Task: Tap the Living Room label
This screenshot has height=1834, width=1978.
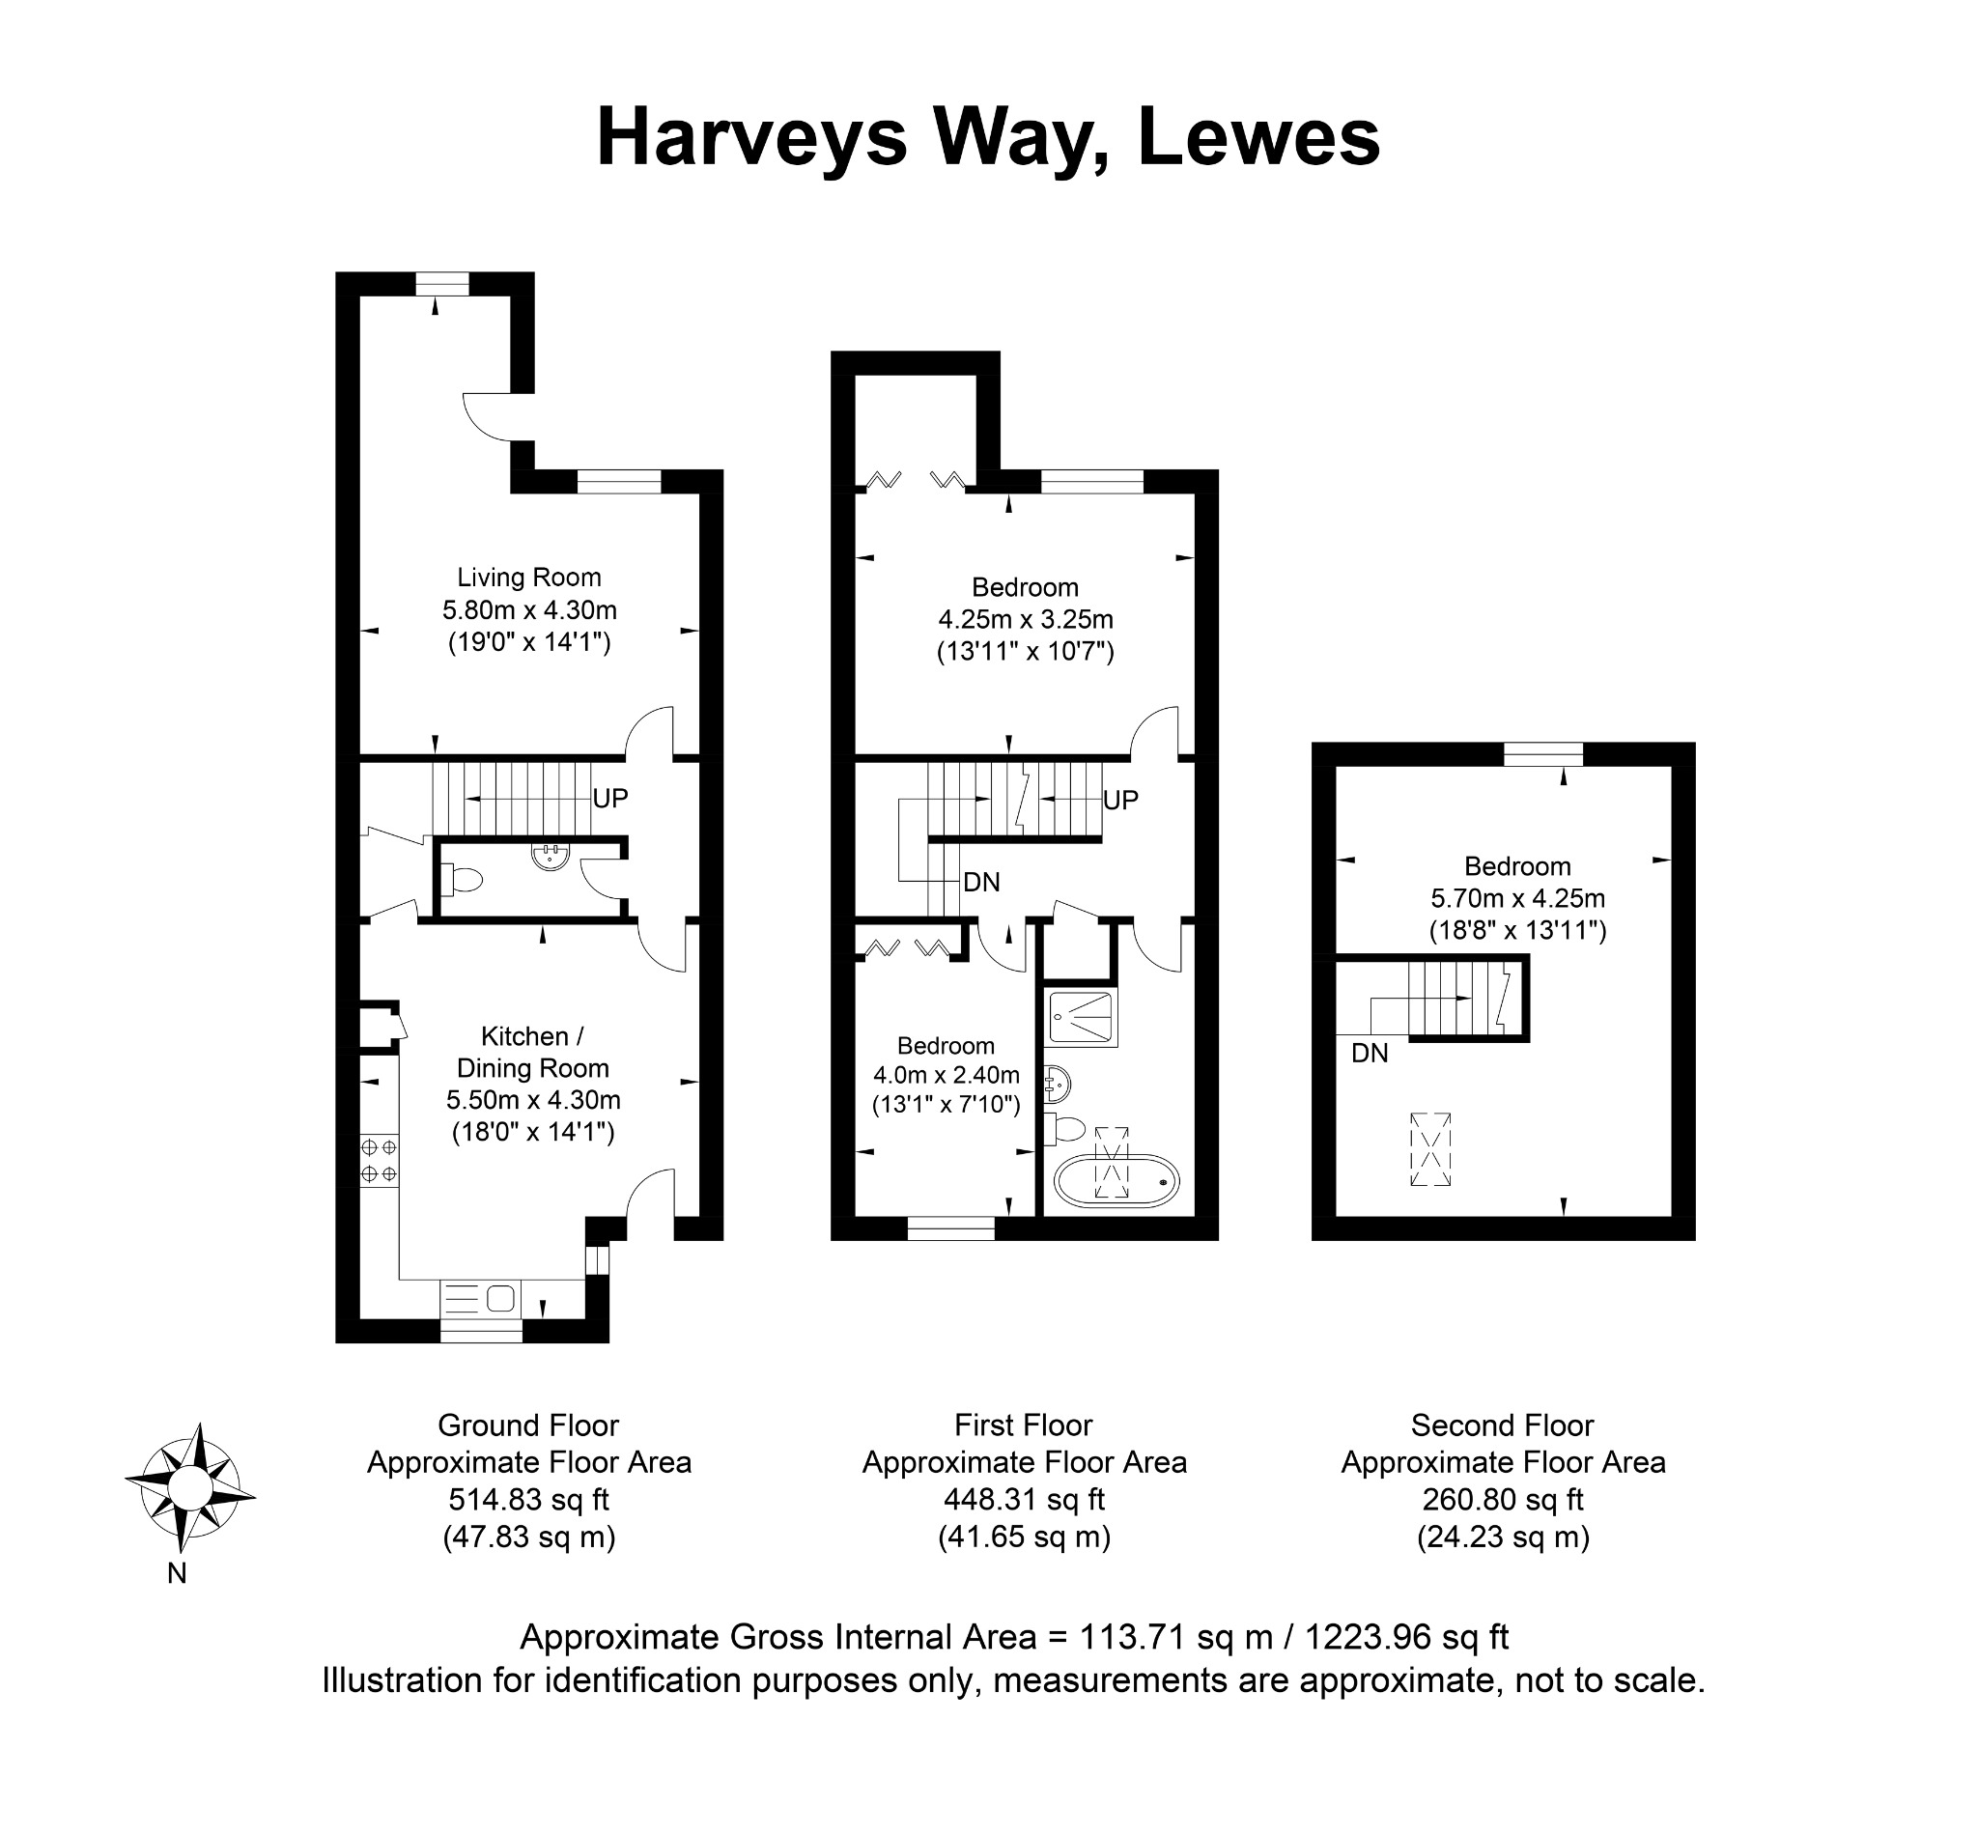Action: (x=529, y=578)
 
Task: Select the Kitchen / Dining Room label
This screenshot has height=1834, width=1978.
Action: (x=532, y=1052)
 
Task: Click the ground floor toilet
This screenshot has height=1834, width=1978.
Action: (x=462, y=878)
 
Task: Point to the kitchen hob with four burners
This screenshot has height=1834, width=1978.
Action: (x=379, y=1161)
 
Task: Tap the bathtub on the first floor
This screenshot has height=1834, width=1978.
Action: (x=1116, y=1181)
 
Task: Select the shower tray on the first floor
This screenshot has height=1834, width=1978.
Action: (x=1082, y=1017)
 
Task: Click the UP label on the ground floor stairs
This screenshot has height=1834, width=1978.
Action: (x=609, y=798)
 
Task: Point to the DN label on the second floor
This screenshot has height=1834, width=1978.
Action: (x=1370, y=1054)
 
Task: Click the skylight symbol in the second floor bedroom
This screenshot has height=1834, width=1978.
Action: (x=1430, y=1149)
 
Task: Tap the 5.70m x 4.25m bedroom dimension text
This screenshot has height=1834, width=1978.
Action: (x=1517, y=898)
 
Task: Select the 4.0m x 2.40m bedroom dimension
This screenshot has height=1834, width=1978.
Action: (x=946, y=1075)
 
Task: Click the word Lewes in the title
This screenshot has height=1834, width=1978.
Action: (x=1258, y=137)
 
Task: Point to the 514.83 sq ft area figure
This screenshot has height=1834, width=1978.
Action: (x=529, y=1499)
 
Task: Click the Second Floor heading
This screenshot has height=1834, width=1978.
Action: (x=1503, y=1426)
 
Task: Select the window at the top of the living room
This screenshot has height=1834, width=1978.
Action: (x=441, y=284)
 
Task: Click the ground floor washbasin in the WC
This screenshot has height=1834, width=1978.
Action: (x=550, y=857)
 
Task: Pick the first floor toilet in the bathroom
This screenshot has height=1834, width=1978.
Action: (x=1063, y=1129)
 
